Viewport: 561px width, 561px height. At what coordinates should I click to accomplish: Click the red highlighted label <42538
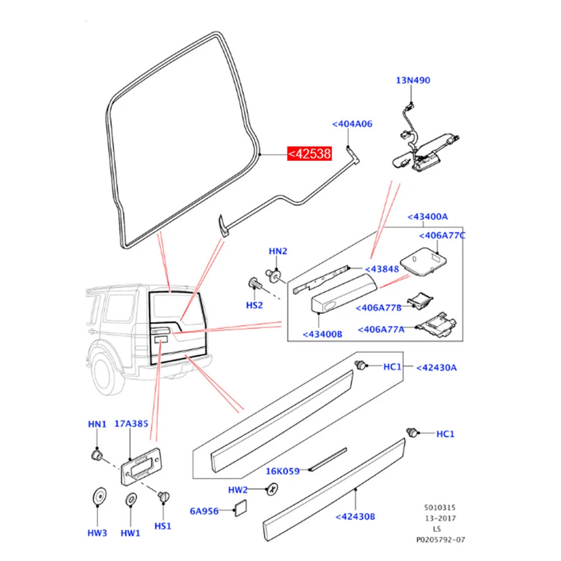(x=310, y=153)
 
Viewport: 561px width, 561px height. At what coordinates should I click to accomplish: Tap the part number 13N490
(x=413, y=80)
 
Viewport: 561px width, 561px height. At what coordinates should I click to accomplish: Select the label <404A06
(x=352, y=124)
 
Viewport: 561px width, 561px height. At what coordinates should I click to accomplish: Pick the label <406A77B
(x=379, y=307)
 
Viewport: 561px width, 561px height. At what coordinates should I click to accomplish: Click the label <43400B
(x=323, y=334)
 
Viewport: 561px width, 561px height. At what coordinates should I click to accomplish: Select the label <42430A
(x=436, y=367)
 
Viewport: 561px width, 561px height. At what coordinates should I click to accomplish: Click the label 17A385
(x=132, y=424)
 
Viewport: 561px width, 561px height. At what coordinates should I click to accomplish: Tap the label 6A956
(x=204, y=511)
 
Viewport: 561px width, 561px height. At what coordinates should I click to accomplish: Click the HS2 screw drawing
(x=253, y=284)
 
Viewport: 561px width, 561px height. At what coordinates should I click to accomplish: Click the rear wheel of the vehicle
(x=108, y=374)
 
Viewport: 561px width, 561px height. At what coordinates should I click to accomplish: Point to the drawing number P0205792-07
(x=440, y=540)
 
